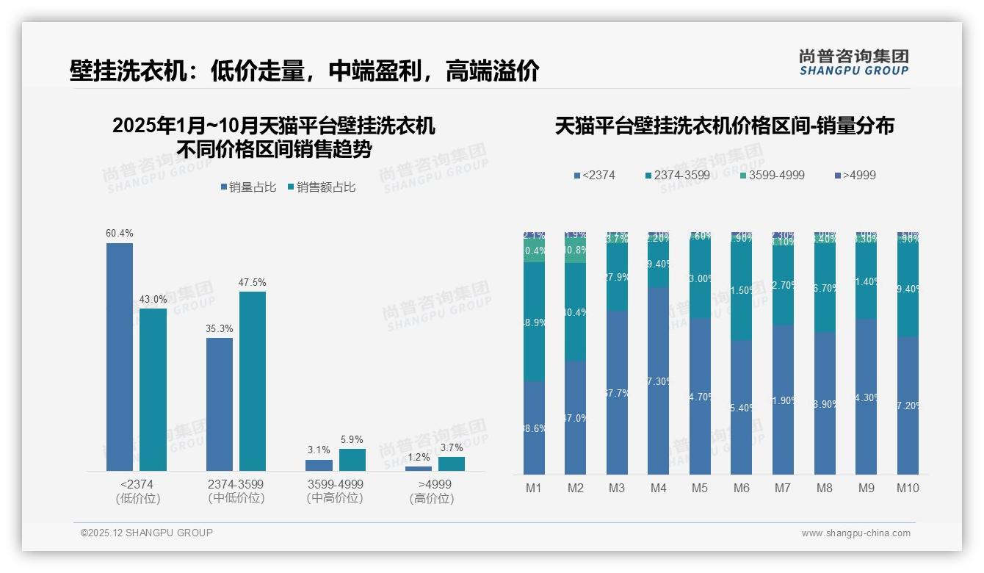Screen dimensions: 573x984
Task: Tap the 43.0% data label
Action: click(x=153, y=300)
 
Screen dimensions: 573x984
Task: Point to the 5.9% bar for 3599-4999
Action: click(x=352, y=460)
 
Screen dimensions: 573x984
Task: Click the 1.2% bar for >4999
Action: click(x=419, y=468)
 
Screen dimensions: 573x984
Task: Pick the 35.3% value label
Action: click(x=220, y=328)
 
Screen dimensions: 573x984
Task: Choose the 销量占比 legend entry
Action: click(x=248, y=187)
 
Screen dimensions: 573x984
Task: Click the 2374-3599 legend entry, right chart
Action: click(x=679, y=175)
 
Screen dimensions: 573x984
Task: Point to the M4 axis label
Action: click(x=658, y=488)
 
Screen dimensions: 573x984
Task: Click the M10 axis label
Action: click(x=908, y=488)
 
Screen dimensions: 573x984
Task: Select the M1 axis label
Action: click(x=534, y=488)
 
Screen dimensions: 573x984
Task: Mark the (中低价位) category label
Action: click(x=236, y=498)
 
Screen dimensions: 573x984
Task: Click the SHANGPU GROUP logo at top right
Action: click(x=854, y=62)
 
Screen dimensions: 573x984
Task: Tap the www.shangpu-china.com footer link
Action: click(x=855, y=533)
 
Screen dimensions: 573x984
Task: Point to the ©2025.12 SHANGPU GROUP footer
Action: click(x=147, y=533)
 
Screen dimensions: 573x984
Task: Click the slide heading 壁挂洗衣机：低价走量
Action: click(x=305, y=71)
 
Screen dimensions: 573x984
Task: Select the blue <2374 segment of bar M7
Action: click(x=783, y=400)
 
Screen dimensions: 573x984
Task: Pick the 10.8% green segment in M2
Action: click(x=575, y=250)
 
